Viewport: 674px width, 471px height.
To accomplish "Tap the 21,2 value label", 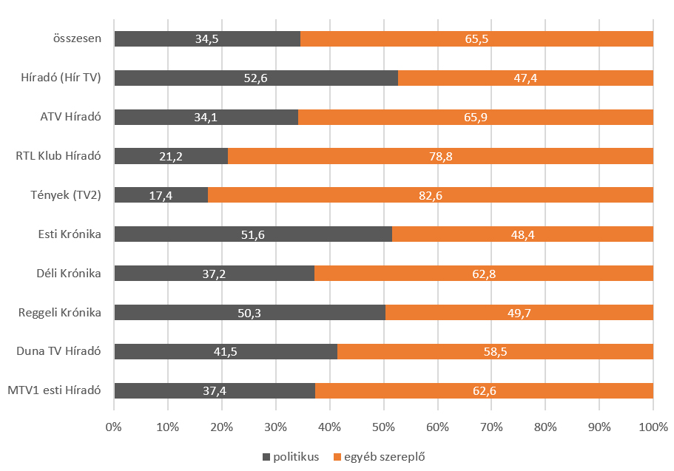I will tap(171, 156).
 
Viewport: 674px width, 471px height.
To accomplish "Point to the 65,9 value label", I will tap(475, 117).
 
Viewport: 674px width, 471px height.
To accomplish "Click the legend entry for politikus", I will tap(290, 457).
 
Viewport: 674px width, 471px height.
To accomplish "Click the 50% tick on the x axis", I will tap(383, 427).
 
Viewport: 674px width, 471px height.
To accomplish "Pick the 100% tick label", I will tap(653, 427).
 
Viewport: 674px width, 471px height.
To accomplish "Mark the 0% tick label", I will tap(114, 427).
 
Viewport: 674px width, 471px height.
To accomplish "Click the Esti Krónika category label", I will tap(70, 234).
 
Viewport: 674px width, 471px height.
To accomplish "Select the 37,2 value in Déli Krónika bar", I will tap(214, 274).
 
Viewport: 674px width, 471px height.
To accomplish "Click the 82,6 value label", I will tap(430, 195).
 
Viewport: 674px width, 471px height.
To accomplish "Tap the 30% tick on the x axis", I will tap(275, 427).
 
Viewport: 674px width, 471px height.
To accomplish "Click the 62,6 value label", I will tap(484, 390).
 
